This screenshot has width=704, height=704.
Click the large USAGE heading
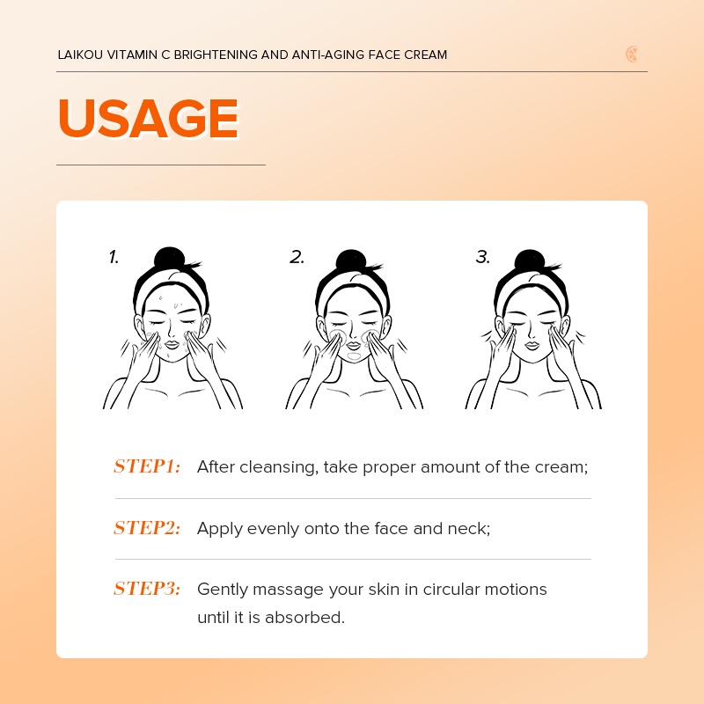(148, 118)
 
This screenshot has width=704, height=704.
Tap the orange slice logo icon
(632, 55)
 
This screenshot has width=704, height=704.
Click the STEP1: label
(147, 466)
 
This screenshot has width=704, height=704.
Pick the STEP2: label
(147, 528)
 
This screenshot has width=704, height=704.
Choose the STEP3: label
(147, 589)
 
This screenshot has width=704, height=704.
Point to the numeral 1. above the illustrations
(114, 257)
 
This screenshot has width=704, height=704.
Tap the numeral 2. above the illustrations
(297, 257)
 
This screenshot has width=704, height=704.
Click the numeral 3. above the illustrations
(482, 257)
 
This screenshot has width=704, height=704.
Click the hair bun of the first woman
(169, 259)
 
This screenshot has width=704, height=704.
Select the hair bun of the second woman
(351, 261)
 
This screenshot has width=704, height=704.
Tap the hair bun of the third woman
(530, 261)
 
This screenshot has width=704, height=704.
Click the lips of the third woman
(532, 345)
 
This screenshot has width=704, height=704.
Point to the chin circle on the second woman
(354, 356)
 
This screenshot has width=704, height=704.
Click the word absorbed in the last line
(304, 618)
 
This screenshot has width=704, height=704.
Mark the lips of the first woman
(172, 345)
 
